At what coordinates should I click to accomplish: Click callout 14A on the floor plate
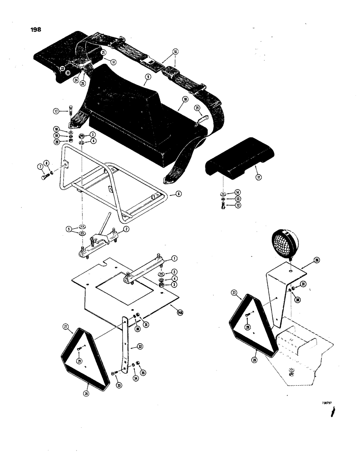[x=180, y=313]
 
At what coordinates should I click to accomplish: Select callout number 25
[x=83, y=84]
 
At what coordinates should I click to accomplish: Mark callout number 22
[x=62, y=68]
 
